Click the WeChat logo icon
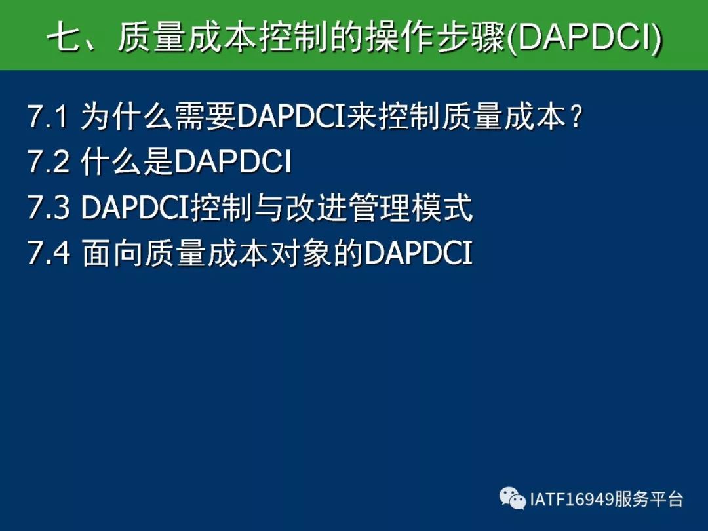(x=513, y=498)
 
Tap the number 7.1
(x=48, y=116)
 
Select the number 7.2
(x=49, y=161)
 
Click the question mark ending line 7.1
(x=576, y=116)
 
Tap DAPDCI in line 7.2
(x=233, y=161)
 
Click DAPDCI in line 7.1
(x=291, y=116)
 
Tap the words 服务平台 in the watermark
(x=649, y=500)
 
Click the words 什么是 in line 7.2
(x=128, y=161)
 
